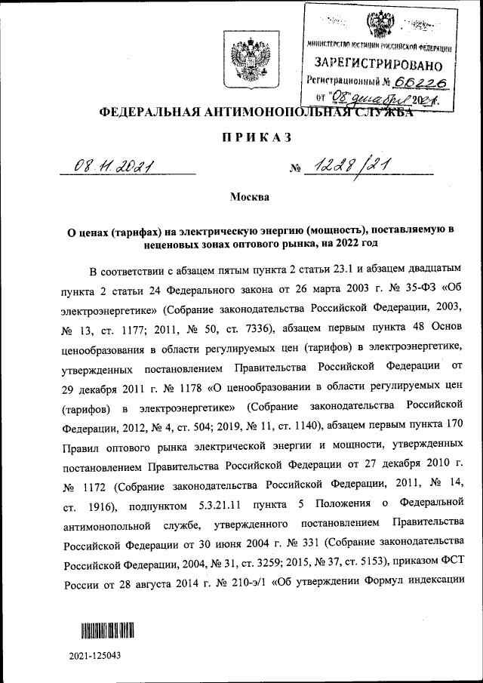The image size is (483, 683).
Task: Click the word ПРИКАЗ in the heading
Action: (241, 137)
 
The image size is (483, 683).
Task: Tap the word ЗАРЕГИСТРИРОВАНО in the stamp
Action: (380, 63)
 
